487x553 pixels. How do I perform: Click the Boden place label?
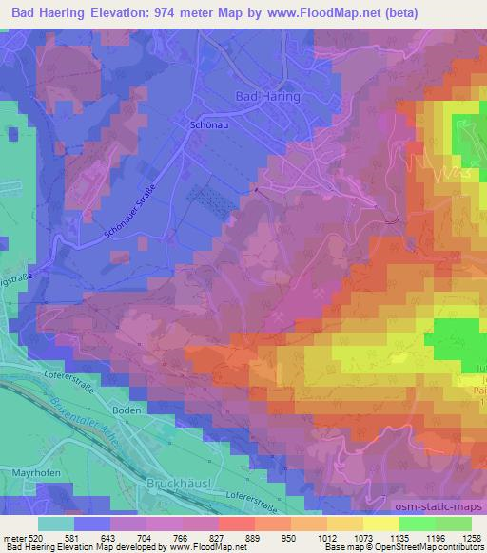[x=101, y=409]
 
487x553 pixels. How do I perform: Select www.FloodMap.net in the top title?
[x=313, y=12]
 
